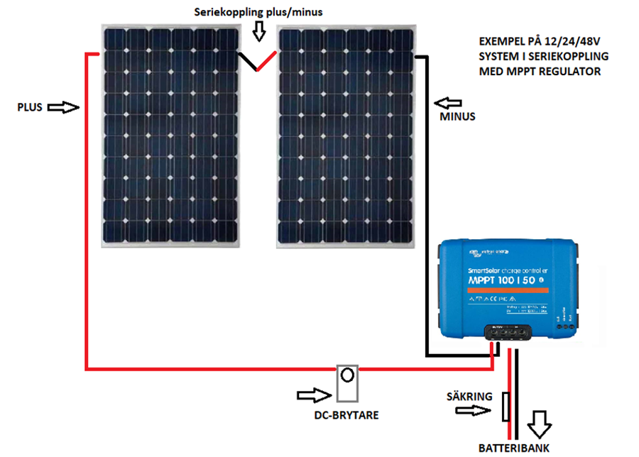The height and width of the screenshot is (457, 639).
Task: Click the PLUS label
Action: tap(30, 108)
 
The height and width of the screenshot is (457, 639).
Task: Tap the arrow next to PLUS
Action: tap(62, 108)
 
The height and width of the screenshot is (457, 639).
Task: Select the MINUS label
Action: tap(457, 116)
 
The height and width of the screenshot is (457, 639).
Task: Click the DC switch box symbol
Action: tap(347, 384)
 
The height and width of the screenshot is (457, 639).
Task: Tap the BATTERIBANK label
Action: tap(514, 448)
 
